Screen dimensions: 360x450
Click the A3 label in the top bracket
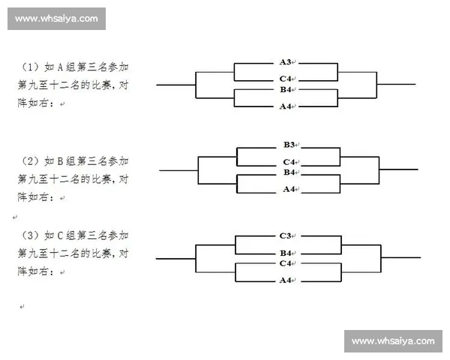pos(285,61)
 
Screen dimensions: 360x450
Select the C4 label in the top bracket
pos(285,78)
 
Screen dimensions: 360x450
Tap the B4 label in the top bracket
pos(285,89)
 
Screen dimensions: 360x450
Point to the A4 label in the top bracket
pos(285,106)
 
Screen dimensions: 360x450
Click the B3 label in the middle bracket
pos(289,144)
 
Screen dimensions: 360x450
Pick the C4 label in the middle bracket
pos(289,162)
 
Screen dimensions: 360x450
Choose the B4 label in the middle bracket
pos(289,172)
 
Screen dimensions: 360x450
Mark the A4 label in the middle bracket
pos(289,190)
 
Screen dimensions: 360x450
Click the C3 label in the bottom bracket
pos(285,236)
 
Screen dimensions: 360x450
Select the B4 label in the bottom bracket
pos(285,253)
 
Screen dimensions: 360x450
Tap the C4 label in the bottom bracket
pos(285,264)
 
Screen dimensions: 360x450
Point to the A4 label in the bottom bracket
pos(285,281)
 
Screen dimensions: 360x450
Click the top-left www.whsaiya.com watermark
pos(56,19)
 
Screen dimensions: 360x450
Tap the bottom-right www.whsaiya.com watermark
pos(393,341)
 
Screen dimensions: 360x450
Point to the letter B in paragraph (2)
pos(60,161)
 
